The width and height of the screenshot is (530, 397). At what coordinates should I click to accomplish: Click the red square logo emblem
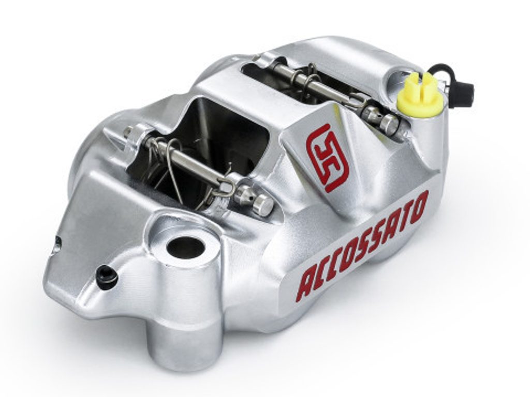coord(327,157)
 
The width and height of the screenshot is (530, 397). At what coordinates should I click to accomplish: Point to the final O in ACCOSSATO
coord(418,206)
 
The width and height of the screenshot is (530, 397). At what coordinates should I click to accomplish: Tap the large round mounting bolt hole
coord(186,248)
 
